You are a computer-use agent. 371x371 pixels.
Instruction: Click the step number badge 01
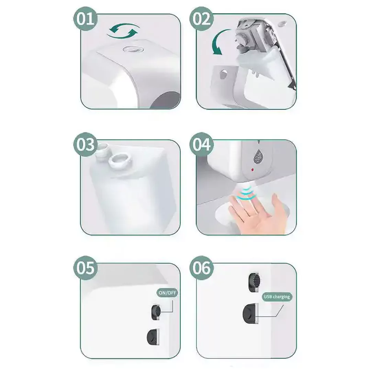coord(86,19)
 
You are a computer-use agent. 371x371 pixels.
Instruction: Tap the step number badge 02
coord(201,19)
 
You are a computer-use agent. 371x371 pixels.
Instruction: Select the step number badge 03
coord(86,144)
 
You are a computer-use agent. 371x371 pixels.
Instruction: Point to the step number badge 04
coord(201,144)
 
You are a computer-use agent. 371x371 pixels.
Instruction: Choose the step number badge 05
coord(86,268)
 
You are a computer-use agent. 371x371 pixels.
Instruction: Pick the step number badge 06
coord(201,268)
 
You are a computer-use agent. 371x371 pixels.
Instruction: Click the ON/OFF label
coord(167,293)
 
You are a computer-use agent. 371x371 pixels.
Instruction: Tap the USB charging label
coord(277,297)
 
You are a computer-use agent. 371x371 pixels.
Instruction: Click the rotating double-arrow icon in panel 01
coord(124,31)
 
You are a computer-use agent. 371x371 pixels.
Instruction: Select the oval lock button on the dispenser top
coord(133,49)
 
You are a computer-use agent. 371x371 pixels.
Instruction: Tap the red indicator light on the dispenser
coord(253,170)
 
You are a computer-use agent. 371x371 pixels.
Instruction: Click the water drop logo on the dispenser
coord(258,156)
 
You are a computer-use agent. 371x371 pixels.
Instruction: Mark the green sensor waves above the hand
coord(247,193)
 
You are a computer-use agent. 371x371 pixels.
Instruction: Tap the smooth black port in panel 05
coord(153,337)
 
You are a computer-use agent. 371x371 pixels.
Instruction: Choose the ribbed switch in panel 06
coord(255,282)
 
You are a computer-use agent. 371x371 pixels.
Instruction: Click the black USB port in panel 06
coord(250,313)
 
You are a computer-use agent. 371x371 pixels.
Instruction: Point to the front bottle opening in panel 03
coord(120,161)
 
